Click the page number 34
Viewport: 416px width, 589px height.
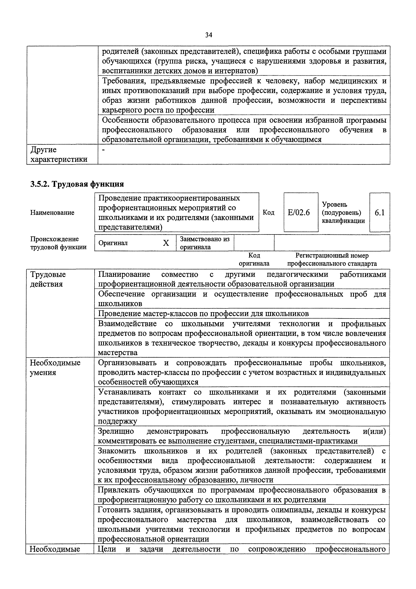coord(209,35)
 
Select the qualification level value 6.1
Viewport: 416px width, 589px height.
coord(380,212)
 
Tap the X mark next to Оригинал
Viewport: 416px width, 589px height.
coord(166,243)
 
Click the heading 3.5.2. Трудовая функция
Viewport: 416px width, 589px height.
coord(77,184)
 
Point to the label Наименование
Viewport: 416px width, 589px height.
coord(52,212)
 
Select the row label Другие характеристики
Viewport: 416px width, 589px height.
coord(59,154)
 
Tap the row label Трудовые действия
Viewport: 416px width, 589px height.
coord(48,279)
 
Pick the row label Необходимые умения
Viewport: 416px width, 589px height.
coord(55,367)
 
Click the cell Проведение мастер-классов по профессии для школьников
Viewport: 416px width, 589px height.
coord(203,314)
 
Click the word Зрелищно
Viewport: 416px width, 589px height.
coord(116,431)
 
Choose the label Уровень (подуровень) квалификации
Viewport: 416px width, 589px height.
coord(343,212)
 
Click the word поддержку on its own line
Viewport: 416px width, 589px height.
coord(118,421)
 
